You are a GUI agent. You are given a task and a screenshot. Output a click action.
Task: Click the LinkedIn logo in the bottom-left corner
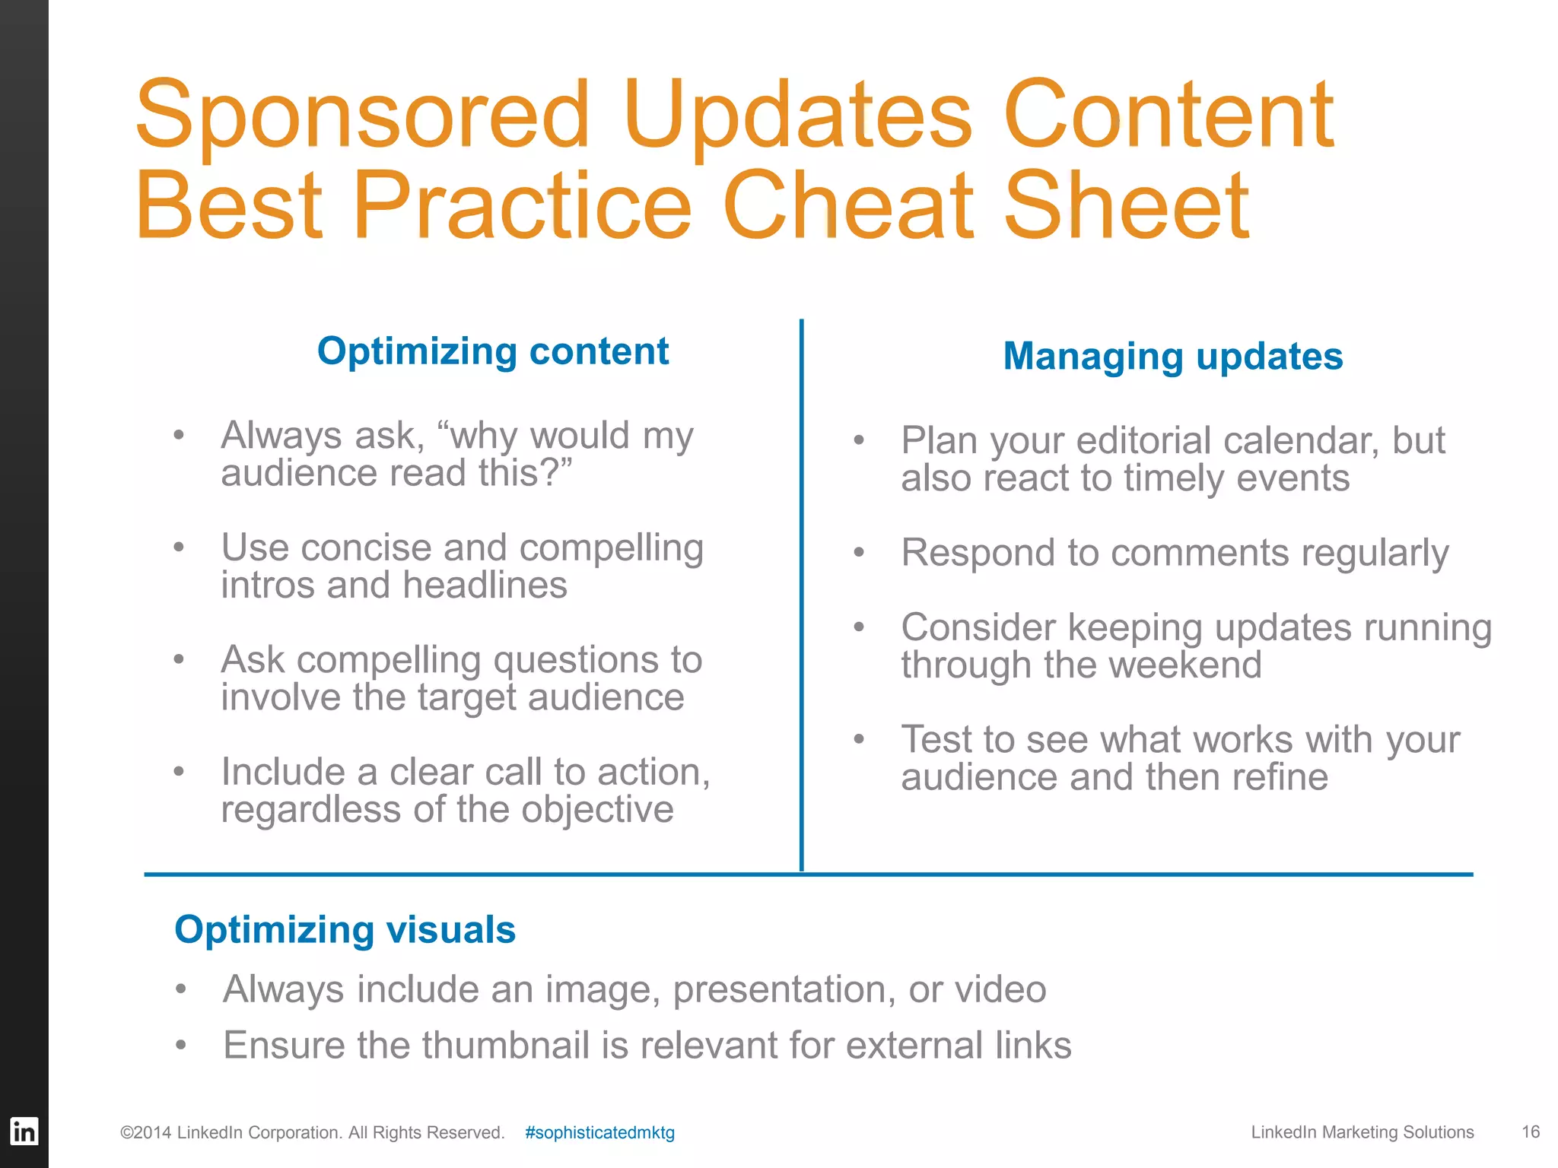coord(24,1131)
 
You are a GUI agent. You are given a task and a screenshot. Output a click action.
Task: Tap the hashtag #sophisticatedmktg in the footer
coord(599,1132)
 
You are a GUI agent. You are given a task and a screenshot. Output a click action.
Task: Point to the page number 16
coord(1531,1131)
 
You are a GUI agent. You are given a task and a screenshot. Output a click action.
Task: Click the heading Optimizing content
coord(493,351)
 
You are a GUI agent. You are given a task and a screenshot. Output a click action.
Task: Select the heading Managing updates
coord(1172,356)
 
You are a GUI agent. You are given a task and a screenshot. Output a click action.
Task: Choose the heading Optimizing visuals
coord(345,929)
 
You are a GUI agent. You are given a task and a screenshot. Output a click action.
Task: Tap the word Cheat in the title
coord(847,205)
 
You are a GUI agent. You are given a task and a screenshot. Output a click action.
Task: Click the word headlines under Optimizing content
coord(485,586)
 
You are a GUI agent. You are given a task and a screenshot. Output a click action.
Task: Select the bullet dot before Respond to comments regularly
coord(859,553)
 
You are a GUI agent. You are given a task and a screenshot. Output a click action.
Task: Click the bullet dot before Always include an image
coord(180,989)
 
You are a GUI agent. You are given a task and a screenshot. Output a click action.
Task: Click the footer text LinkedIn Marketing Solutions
coord(1362,1132)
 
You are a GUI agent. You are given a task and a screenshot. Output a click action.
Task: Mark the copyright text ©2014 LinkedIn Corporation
coord(312,1132)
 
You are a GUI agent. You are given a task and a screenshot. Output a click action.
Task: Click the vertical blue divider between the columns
coord(801,593)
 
